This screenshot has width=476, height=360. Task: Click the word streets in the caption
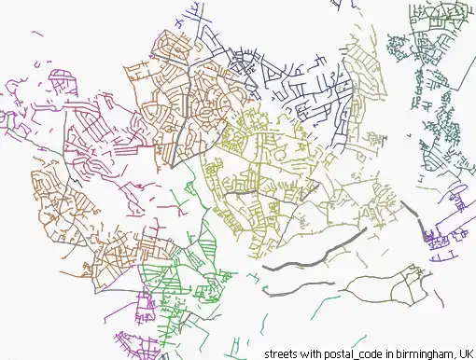[283, 353]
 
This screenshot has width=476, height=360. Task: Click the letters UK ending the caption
[464, 353]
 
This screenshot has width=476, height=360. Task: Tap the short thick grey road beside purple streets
[424, 227]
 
